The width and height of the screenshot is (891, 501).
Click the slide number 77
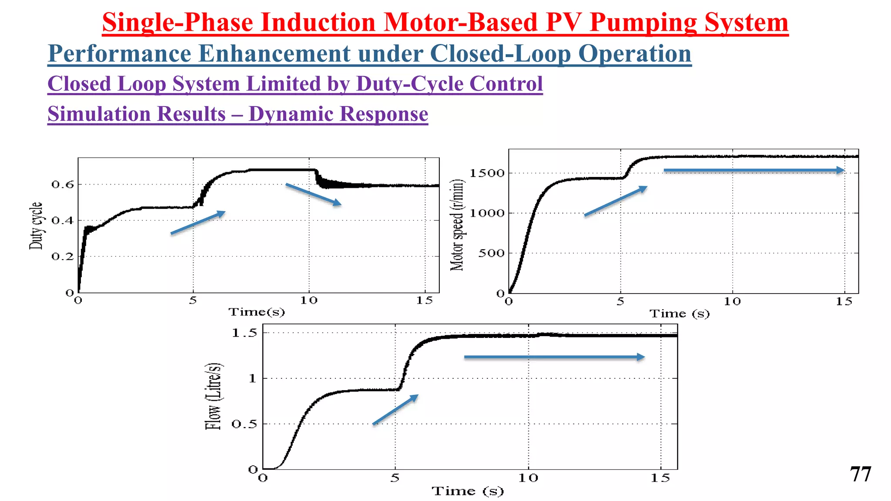860,474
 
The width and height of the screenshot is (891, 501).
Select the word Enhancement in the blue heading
274,54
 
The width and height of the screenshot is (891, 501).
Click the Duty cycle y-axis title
36,226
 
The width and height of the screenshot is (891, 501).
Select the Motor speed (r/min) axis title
457,225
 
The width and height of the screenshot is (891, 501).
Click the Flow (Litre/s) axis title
213,396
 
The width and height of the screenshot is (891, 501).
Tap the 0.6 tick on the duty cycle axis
63,185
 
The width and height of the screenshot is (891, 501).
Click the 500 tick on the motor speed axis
491,253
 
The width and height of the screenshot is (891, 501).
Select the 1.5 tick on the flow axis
244,334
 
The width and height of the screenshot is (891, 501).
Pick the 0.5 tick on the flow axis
244,424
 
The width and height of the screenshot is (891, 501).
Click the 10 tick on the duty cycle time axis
309,301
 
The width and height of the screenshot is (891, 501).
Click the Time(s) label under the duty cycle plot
257,312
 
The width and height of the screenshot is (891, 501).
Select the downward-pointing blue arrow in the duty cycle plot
313,194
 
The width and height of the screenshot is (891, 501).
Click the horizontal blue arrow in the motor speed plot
754,170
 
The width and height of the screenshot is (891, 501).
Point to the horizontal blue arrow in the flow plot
554,357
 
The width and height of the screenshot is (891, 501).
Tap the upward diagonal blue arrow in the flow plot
395,410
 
